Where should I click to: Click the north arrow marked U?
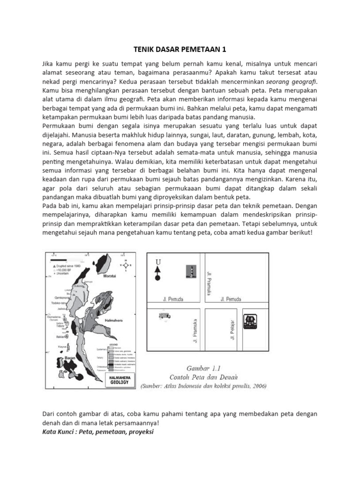click(157, 269)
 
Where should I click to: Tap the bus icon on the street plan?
click(165, 316)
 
